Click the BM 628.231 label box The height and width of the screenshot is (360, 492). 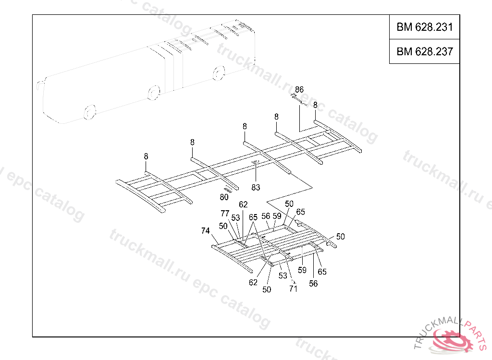[424, 27]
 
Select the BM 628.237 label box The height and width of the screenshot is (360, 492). [424, 51]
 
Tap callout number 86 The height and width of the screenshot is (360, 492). [299, 90]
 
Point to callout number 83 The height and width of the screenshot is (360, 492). [256, 187]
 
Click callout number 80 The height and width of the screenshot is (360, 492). [224, 197]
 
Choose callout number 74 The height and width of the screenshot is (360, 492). [205, 231]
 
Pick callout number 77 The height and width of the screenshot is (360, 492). [225, 214]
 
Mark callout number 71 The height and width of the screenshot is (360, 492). [293, 288]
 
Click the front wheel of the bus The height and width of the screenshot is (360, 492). [89, 112]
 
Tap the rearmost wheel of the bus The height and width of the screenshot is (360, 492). [219, 72]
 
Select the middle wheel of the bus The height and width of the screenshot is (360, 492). [153, 92]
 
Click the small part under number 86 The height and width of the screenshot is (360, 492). [297, 99]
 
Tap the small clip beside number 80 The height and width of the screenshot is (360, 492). [228, 189]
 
